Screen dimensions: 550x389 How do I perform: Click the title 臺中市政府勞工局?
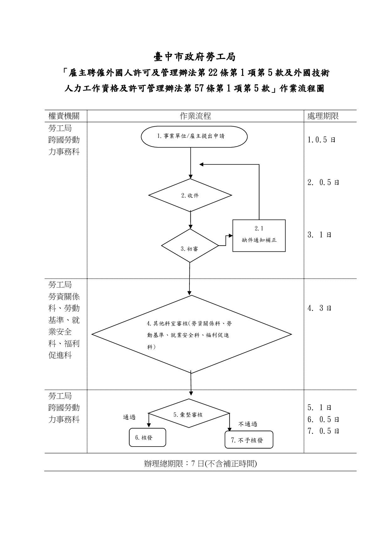click(194, 57)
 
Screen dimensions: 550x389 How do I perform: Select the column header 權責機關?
click(64, 116)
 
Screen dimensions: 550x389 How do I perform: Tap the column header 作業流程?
click(195, 116)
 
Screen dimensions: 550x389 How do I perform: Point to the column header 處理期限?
click(323, 116)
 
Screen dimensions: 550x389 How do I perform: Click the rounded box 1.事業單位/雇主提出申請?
click(194, 136)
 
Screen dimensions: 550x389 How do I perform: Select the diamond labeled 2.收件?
click(190, 195)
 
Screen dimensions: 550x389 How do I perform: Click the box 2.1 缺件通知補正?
click(259, 235)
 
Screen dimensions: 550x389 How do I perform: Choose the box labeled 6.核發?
click(147, 437)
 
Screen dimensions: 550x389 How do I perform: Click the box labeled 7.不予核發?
click(249, 440)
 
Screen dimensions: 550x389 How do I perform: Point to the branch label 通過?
click(129, 417)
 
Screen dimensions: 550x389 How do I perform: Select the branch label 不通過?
click(248, 424)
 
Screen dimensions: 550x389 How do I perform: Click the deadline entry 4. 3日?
click(319, 308)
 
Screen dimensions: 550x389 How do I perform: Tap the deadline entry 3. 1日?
click(319, 235)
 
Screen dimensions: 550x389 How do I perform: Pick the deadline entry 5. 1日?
click(319, 408)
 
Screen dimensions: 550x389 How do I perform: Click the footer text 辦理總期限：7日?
click(200, 464)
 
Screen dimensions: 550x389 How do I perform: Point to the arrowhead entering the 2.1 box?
click(231, 235)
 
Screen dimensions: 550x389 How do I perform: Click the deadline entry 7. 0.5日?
click(323, 431)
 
